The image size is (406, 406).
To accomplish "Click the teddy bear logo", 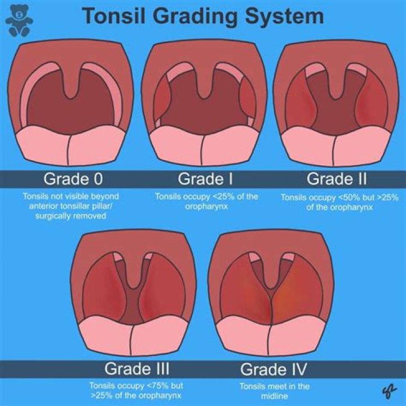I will coord(19,20).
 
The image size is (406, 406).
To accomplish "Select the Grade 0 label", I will coord(74,179).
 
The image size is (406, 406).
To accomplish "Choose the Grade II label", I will coord(336,179).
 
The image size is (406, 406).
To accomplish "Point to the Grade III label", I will coord(137,369).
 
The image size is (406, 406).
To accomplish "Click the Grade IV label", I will coord(273,369).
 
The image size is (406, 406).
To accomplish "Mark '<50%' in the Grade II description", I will coord(339,197).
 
